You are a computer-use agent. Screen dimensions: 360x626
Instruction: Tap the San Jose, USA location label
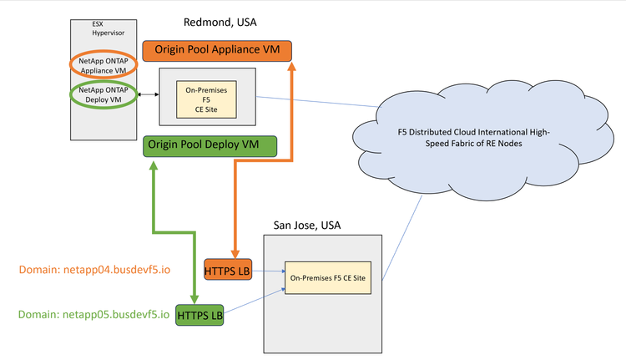pyautogui.click(x=307, y=226)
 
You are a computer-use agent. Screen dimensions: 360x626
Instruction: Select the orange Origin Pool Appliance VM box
pyautogui.click(x=217, y=51)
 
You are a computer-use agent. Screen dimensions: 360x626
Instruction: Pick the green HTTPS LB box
pyautogui.click(x=199, y=315)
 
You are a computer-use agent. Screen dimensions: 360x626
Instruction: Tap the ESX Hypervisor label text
pyautogui.click(x=104, y=29)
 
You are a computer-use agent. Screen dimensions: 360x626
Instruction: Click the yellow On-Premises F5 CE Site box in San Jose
pyautogui.click(x=331, y=276)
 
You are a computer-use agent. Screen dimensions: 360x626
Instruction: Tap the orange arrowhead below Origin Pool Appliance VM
pyautogui.click(x=291, y=68)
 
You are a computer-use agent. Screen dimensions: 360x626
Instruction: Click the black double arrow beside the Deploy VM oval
pyautogui.click(x=150, y=94)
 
